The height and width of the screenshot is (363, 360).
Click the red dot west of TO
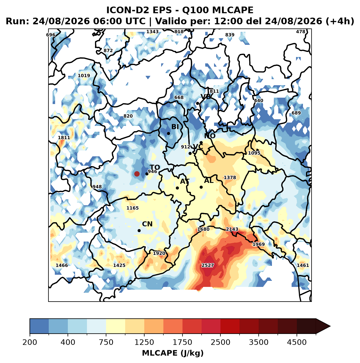137,174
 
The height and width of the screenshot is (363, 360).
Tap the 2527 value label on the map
207,265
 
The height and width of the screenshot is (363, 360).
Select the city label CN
147,224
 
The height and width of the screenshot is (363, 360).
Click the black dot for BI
168,133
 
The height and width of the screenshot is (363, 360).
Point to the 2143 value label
232,229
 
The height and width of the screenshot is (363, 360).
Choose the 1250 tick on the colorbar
144,334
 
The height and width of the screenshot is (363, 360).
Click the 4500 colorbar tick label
297,342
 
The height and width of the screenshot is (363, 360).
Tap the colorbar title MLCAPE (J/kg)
173,353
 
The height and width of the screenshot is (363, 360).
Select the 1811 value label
64,138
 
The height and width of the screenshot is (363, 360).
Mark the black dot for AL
201,187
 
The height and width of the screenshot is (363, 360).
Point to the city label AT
185,181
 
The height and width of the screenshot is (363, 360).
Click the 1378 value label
230,177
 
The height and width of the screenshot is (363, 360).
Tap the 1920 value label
159,253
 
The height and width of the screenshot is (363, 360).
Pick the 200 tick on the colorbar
30,334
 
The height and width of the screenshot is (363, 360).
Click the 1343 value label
152,32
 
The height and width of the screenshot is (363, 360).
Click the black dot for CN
139,230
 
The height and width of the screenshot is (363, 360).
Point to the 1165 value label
132,208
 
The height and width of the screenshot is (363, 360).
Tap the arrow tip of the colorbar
330,326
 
